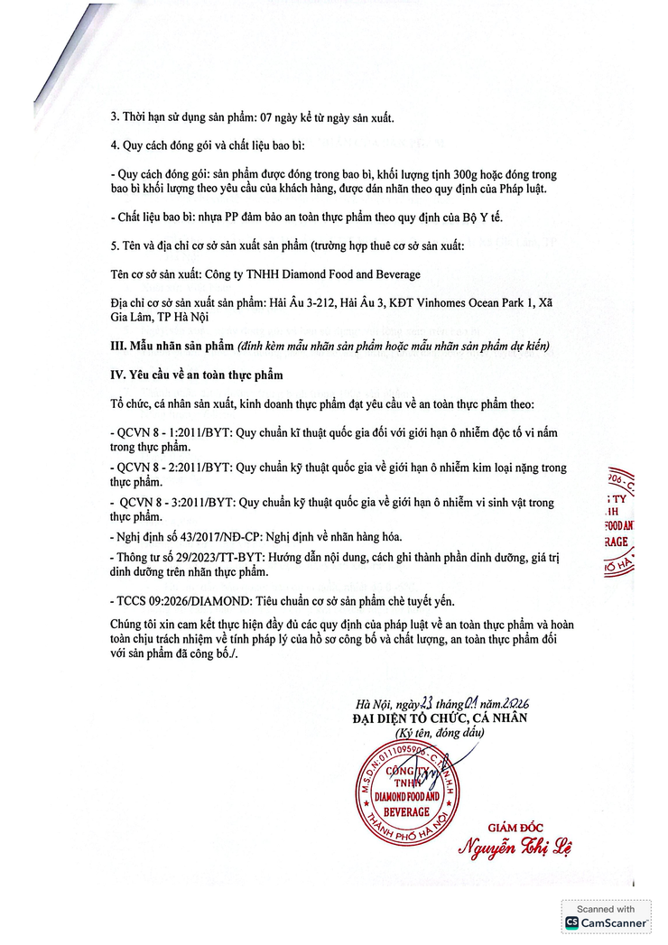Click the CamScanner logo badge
[606, 917]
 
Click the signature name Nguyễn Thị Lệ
[515, 848]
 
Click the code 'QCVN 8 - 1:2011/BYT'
[171, 433]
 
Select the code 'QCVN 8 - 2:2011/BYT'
[171, 468]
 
